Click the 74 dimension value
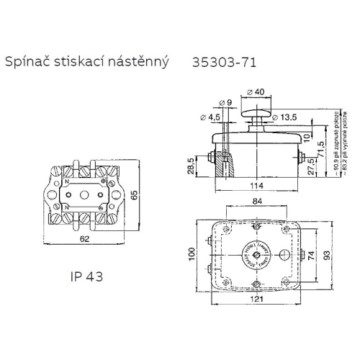coord(310,256)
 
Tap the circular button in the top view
coord(256,256)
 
